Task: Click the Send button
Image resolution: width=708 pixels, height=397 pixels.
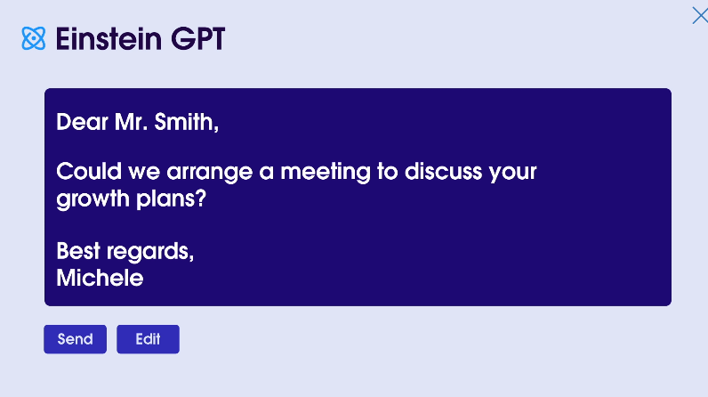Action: click(75, 339)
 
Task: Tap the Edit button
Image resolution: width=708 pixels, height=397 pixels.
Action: click(149, 339)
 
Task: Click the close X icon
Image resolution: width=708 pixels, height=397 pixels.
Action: click(700, 15)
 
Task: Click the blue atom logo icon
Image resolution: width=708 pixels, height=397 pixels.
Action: click(34, 38)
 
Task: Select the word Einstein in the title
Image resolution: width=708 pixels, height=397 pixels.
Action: click(109, 38)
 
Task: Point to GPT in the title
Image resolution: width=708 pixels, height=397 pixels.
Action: click(197, 38)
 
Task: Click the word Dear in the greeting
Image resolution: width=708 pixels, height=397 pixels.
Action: click(82, 122)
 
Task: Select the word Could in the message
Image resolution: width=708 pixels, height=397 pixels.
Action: click(89, 172)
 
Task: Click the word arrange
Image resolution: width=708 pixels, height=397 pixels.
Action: click(210, 173)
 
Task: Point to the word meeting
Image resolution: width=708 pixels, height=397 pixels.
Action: click(326, 173)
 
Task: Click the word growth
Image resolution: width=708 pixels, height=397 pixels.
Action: click(93, 199)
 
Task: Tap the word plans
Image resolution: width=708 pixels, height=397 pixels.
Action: click(166, 199)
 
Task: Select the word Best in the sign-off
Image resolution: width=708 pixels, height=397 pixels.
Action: click(78, 251)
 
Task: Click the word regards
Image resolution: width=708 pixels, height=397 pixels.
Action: click(150, 252)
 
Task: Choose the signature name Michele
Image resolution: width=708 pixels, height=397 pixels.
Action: click(100, 278)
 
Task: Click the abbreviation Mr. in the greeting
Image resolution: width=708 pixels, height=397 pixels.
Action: click(131, 122)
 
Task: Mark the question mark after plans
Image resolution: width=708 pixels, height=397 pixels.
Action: click(201, 198)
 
